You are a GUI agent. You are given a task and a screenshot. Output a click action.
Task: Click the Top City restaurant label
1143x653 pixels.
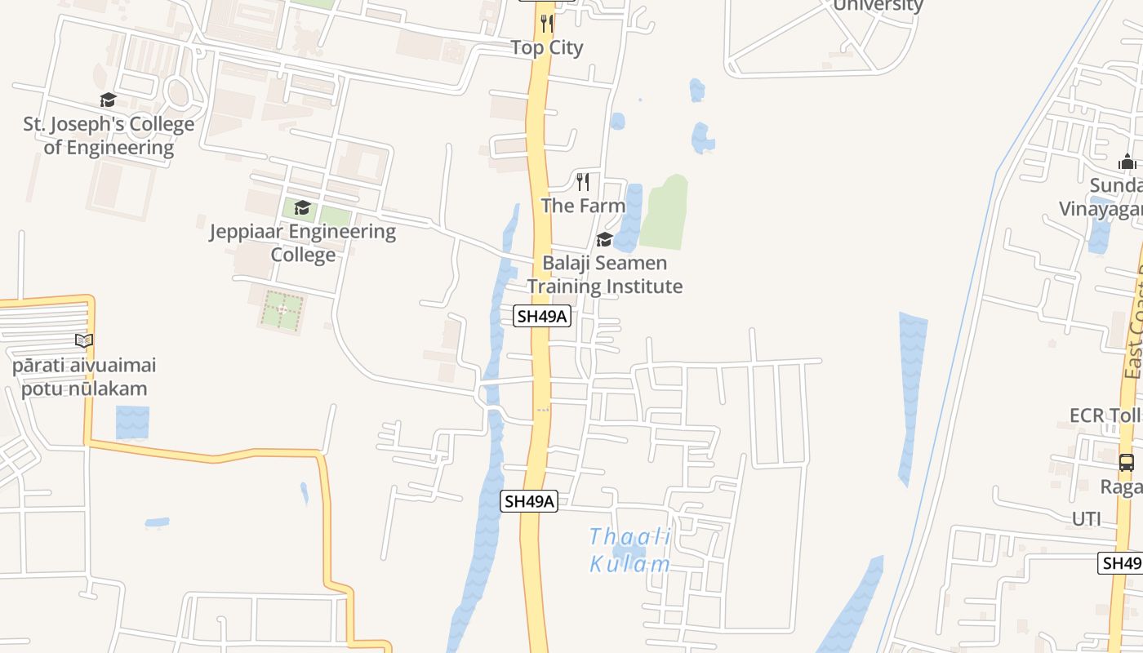pyautogui.click(x=547, y=47)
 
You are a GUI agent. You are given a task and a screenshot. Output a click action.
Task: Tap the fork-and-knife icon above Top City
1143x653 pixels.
pyautogui.click(x=547, y=23)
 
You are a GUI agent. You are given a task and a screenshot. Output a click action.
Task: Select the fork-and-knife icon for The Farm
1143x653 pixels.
pyautogui.click(x=583, y=181)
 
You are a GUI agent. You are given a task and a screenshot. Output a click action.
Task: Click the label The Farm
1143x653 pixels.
pyautogui.click(x=583, y=206)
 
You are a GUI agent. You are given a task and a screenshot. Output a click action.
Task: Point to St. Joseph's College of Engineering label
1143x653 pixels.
pyautogui.click(x=109, y=135)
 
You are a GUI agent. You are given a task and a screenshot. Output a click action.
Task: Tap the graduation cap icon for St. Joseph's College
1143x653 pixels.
pyautogui.click(x=108, y=100)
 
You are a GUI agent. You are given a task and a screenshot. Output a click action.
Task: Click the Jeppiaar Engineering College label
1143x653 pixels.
pyautogui.click(x=303, y=242)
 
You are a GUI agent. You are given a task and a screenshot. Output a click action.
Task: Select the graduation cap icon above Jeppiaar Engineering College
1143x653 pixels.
pyautogui.click(x=303, y=207)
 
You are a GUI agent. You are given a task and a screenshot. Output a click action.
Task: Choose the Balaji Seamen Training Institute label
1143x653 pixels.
pyautogui.click(x=605, y=274)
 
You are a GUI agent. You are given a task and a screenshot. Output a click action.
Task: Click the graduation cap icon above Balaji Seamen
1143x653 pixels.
pyautogui.click(x=604, y=239)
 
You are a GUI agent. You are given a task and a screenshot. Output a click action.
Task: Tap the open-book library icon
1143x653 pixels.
pyautogui.click(x=84, y=340)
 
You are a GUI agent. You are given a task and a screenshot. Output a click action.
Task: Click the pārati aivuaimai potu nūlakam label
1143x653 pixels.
pyautogui.click(x=84, y=376)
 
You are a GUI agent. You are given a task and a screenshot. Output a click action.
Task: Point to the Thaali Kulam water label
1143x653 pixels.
pyautogui.click(x=630, y=550)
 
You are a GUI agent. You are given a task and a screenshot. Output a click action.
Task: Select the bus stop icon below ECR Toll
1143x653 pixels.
pyautogui.click(x=1127, y=463)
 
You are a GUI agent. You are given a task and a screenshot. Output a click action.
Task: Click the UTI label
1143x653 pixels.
pyautogui.click(x=1087, y=519)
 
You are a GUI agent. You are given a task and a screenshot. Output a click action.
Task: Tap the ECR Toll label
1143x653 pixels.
pyautogui.click(x=1105, y=415)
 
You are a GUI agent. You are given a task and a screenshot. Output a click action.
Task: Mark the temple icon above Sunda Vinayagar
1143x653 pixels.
pyautogui.click(x=1127, y=162)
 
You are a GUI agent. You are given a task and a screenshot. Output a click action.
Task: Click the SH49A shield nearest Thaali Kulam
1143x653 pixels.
pyautogui.click(x=529, y=501)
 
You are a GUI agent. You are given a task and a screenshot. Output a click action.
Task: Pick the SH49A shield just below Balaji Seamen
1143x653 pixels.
pyautogui.click(x=542, y=316)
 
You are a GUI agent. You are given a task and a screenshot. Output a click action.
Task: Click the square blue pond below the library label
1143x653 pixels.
pyautogui.click(x=132, y=422)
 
